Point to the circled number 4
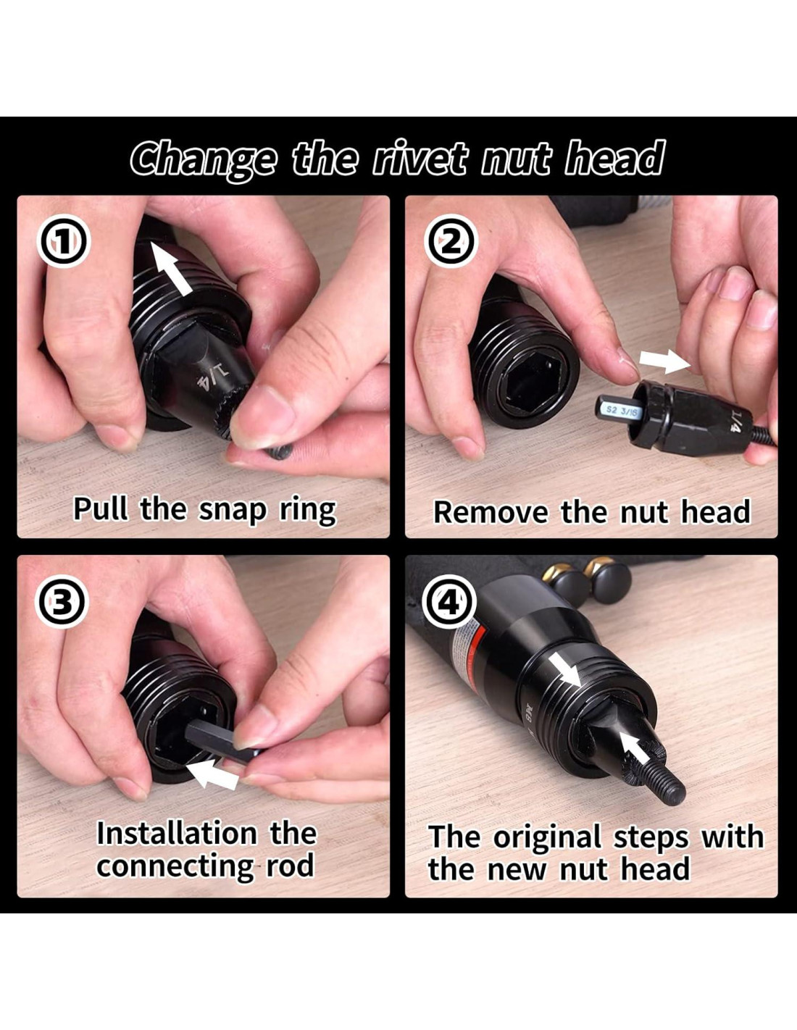451,603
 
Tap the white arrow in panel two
664,362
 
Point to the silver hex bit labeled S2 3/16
617,411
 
